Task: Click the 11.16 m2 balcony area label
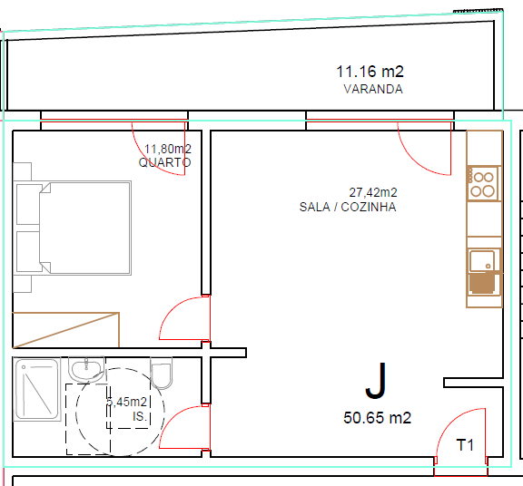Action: (x=370, y=72)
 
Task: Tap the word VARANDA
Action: (x=373, y=89)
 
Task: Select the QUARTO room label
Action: (x=164, y=162)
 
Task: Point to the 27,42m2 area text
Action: (x=373, y=192)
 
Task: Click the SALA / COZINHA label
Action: (x=348, y=207)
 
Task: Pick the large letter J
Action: (x=376, y=381)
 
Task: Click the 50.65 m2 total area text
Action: (x=377, y=418)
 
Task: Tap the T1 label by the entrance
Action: (x=465, y=445)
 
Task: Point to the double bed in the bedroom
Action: (x=73, y=228)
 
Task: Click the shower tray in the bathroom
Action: (x=37, y=389)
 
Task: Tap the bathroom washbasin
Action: (x=86, y=369)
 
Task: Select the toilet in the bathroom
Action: (x=162, y=373)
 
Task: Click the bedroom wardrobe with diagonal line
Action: (x=65, y=330)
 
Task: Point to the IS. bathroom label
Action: (x=140, y=416)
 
